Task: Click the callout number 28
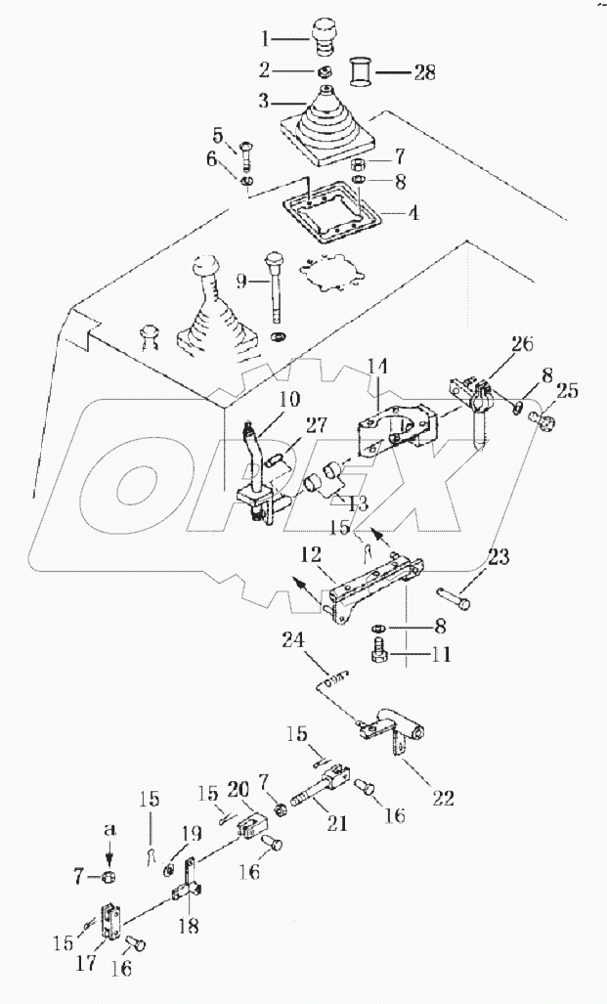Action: pos(423,73)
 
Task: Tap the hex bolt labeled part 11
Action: pos(380,651)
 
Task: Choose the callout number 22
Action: pos(443,799)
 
